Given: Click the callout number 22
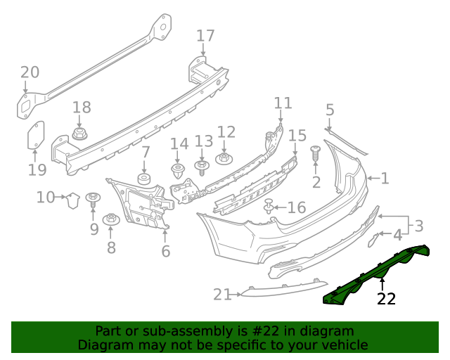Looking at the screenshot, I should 386,299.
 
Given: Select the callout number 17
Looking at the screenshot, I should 205,36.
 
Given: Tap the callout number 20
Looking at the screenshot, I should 30,72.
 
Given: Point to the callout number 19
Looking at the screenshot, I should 37,169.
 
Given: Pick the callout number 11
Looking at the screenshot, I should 283,103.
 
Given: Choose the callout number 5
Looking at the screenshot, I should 330,110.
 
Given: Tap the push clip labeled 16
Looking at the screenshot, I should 269,207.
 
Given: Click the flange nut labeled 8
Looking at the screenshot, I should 110,220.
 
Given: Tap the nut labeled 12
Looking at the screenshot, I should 224,158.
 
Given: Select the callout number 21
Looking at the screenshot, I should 222,295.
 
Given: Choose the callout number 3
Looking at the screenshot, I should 418,226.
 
